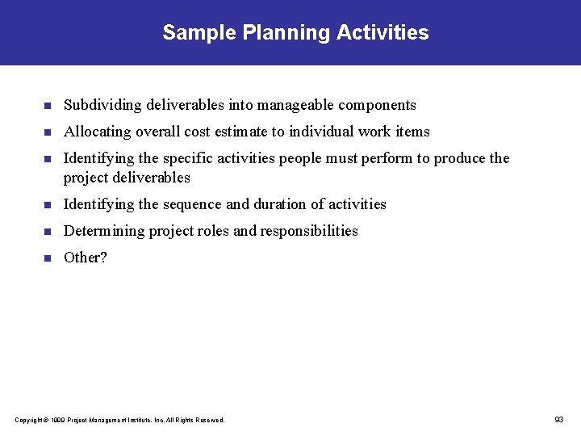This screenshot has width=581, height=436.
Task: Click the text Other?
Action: [x=85, y=258]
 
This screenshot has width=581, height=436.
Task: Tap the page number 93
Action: [x=559, y=419]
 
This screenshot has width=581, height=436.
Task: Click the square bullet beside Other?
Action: [x=47, y=258]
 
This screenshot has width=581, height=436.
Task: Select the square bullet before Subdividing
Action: [x=47, y=106]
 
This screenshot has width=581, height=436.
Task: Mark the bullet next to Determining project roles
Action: [x=47, y=232]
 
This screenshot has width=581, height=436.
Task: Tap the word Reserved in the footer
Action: [x=211, y=420]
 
